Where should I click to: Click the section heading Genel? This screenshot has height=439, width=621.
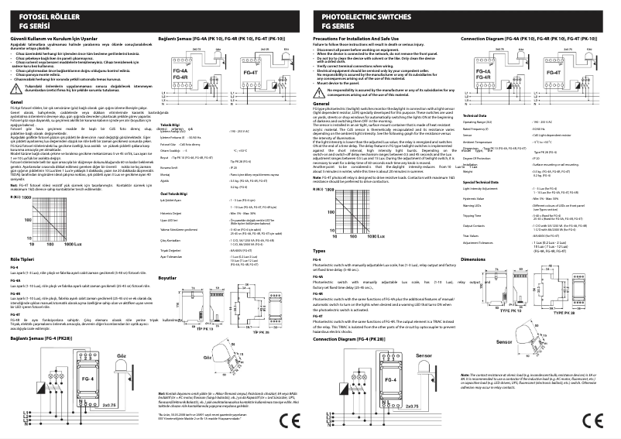click(15, 123)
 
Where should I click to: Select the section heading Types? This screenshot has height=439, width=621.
click(319, 252)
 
